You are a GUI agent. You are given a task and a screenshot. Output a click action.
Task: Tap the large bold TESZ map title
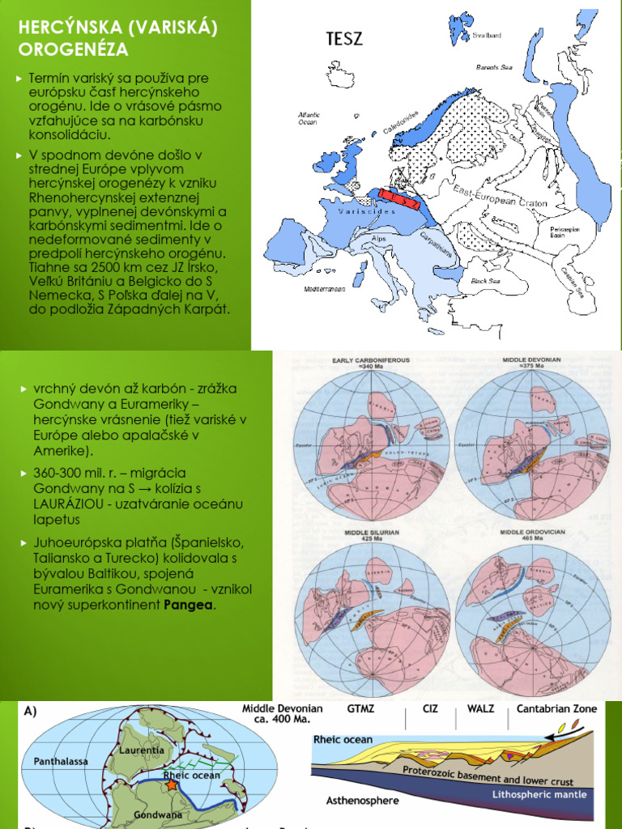(344, 39)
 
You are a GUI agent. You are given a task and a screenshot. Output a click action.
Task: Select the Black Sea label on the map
(485, 281)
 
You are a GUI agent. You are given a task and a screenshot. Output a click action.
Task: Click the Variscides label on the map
(347, 210)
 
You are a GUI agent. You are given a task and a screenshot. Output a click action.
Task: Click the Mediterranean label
(325, 289)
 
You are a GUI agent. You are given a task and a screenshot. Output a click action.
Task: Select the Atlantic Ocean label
(309, 118)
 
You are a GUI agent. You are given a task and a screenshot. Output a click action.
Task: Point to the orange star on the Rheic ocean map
(171, 784)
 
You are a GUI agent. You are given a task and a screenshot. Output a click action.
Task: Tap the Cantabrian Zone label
(557, 708)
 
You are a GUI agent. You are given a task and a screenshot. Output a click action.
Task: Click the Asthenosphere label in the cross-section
(361, 801)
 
